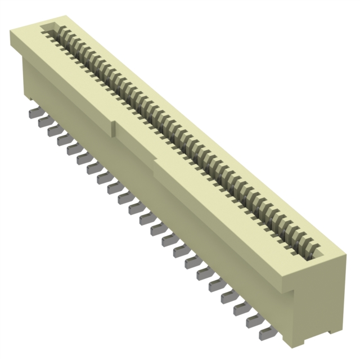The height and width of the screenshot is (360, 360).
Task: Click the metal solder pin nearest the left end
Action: (x=33, y=113)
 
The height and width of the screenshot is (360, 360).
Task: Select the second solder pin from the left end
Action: (x=43, y=121)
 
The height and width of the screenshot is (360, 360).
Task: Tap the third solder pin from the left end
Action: (x=52, y=130)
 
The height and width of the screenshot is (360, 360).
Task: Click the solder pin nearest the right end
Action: (x=265, y=333)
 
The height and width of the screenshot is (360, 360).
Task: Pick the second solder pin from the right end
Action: (x=253, y=321)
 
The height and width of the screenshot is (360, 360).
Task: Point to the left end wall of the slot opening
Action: (x=47, y=28)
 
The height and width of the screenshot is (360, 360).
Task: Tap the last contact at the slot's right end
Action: (x=309, y=247)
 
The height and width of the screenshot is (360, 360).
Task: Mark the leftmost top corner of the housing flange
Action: (x=10, y=35)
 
